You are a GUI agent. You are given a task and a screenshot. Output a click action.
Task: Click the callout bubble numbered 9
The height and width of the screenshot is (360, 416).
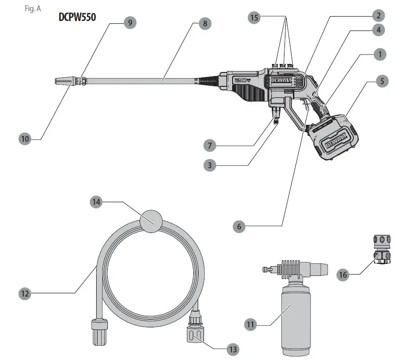click(130, 23)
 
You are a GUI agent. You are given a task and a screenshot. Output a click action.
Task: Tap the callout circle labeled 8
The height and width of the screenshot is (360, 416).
click(205, 23)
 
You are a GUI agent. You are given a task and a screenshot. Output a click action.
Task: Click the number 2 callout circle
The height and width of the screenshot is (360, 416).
click(378, 16)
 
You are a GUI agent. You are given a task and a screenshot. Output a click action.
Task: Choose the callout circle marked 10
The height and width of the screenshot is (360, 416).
click(25, 139)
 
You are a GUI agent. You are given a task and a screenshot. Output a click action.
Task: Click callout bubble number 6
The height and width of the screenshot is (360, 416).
click(239, 226)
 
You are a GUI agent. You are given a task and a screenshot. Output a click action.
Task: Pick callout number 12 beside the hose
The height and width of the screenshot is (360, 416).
click(25, 293)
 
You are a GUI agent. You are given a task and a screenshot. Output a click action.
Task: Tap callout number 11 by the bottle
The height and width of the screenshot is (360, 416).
click(251, 324)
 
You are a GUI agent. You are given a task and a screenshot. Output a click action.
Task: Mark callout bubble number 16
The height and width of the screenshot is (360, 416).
click(343, 275)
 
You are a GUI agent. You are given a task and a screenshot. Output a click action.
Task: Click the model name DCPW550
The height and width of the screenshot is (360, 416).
click(77, 17)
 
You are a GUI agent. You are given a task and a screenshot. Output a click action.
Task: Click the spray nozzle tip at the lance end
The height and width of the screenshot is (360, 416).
click(63, 81)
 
